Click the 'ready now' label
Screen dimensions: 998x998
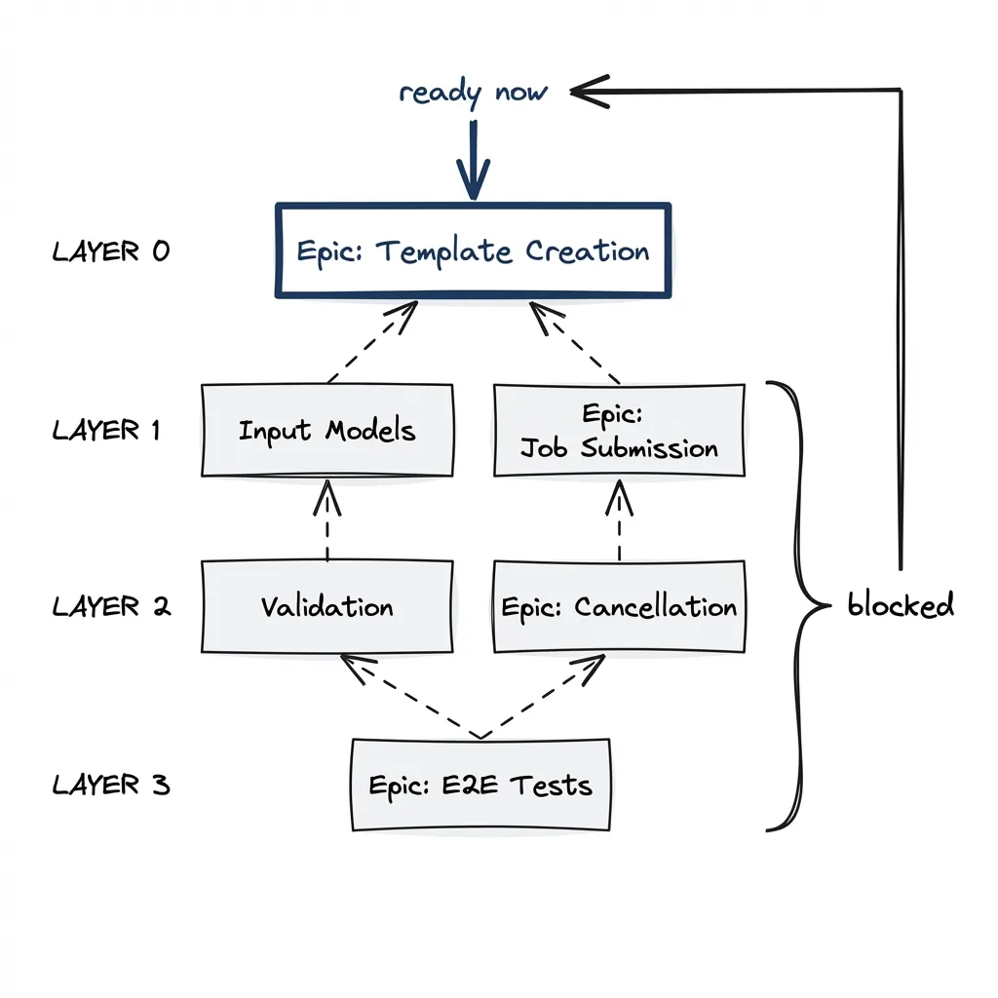(473, 93)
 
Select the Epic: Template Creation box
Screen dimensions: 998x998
(474, 250)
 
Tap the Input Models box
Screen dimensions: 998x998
(326, 430)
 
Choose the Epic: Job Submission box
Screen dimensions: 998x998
(619, 430)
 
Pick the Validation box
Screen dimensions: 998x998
(326, 606)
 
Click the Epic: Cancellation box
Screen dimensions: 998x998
(619, 606)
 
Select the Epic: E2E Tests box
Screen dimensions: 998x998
(480, 785)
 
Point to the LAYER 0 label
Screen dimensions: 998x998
(110, 251)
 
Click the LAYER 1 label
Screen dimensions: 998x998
(106, 430)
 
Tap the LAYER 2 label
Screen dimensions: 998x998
(111, 607)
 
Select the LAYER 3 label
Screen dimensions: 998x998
(111, 785)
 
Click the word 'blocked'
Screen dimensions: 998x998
(900, 606)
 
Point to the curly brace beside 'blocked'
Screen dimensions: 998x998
(799, 606)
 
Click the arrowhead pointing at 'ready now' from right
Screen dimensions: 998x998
(585, 92)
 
